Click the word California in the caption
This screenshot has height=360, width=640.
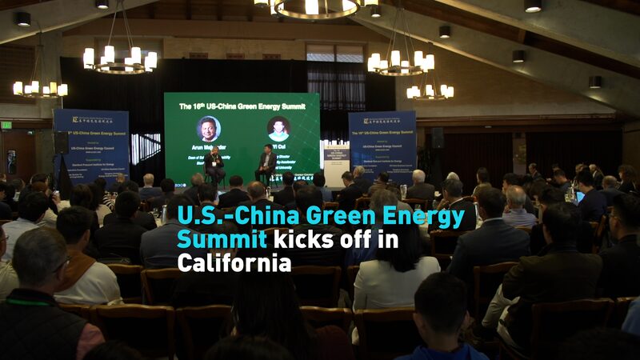(234, 262)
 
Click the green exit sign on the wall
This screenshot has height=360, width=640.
(6, 125)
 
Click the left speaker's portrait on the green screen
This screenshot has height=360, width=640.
(210, 129)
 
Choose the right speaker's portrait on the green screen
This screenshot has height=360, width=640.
(278, 128)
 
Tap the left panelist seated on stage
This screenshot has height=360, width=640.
(214, 164)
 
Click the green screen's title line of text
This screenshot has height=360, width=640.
(242, 106)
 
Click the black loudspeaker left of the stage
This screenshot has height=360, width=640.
(62, 142)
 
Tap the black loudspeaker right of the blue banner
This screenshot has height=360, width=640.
(437, 138)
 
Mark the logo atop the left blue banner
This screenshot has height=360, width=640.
(90, 120)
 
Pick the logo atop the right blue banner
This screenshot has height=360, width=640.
(382, 120)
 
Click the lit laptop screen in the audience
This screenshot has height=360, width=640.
(580, 196)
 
